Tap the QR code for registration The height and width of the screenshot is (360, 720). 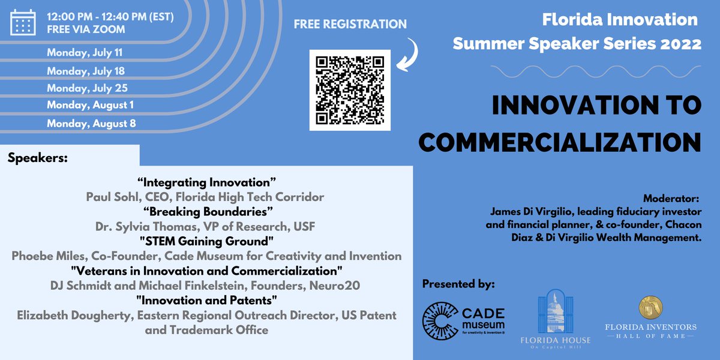[350, 90]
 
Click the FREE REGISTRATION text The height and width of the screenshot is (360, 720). [350, 25]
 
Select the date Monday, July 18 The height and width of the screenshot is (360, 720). [86, 71]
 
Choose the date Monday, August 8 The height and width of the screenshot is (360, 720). [91, 124]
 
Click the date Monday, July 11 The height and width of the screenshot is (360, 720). [85, 53]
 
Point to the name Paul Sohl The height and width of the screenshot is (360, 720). [109, 197]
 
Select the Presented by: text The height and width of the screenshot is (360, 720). [458, 283]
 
